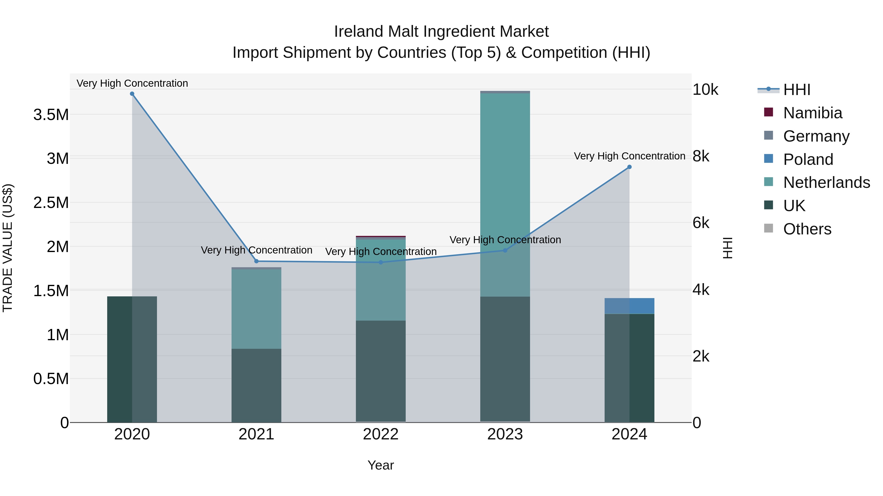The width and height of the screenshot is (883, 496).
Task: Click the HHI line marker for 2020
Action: point(132,94)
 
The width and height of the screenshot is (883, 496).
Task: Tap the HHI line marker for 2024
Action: point(629,167)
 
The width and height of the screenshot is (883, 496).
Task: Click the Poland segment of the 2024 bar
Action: point(629,306)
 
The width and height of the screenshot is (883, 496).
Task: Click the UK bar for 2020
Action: point(132,359)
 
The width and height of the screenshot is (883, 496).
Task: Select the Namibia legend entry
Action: point(812,113)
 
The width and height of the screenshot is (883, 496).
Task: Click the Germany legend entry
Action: point(816,136)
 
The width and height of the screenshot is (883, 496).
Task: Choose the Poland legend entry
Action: point(808,159)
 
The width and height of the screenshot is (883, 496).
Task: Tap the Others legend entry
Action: point(807,229)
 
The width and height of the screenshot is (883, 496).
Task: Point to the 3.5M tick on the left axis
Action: point(51,115)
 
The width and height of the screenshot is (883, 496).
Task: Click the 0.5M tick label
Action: point(51,379)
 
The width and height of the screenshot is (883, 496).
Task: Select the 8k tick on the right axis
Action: point(701,157)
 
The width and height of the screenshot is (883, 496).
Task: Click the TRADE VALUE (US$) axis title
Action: point(8,248)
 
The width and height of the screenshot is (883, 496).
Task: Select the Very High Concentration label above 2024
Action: point(629,156)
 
